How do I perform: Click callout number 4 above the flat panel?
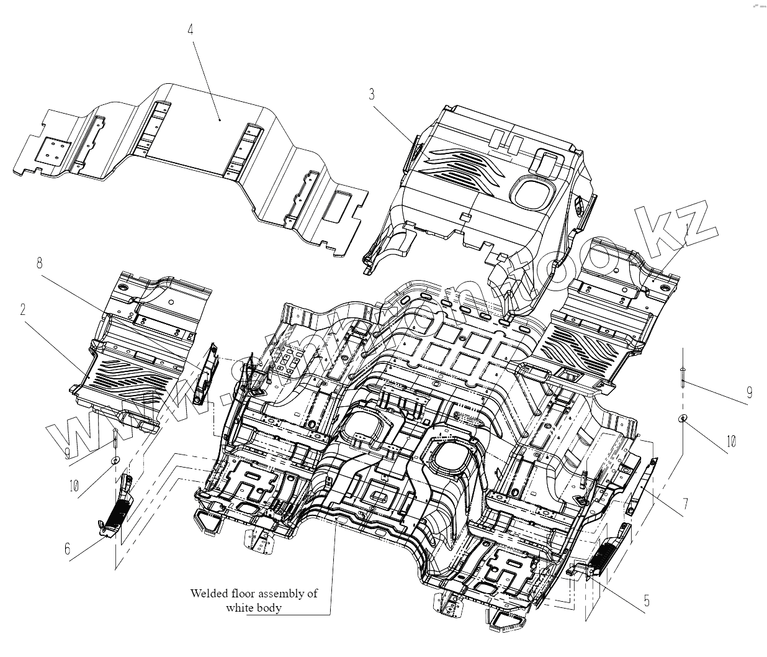click(x=191, y=29)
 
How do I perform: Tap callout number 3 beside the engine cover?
click(x=372, y=94)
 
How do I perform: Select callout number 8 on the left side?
click(x=39, y=263)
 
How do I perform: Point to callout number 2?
click(x=23, y=309)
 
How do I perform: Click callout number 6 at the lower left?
click(x=67, y=549)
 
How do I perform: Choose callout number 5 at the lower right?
click(x=647, y=600)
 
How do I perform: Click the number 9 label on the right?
click(x=749, y=392)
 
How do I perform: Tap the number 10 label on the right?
click(x=731, y=442)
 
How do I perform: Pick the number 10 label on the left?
click(x=74, y=486)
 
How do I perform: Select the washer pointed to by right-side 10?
click(x=682, y=417)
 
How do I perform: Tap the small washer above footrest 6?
click(x=115, y=460)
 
